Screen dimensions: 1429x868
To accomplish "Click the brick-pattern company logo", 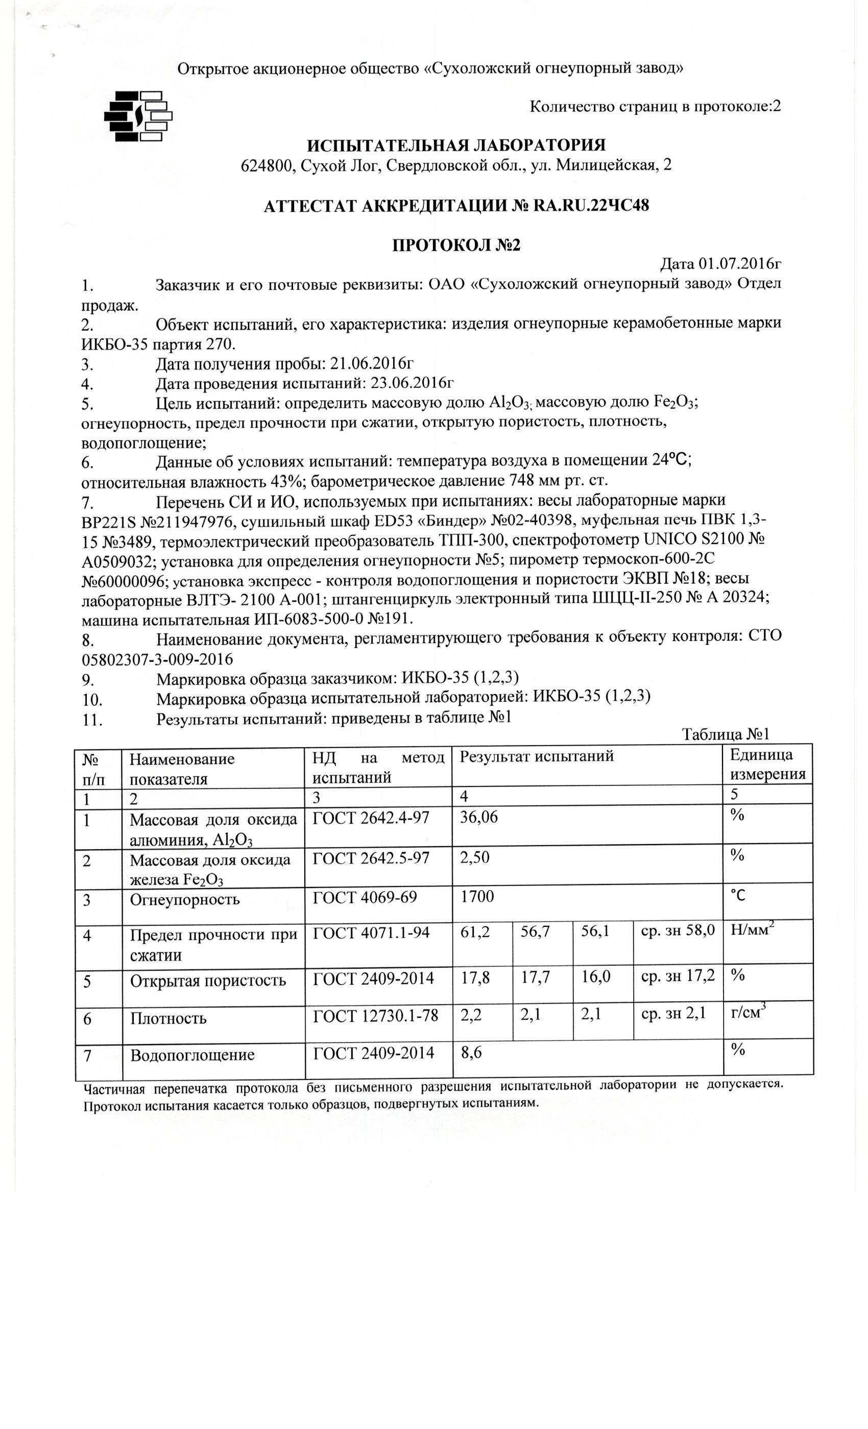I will (138, 116).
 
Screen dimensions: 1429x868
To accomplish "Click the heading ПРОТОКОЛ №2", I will (456, 246).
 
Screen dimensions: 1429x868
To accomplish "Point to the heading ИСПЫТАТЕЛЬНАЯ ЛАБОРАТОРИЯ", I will (456, 145).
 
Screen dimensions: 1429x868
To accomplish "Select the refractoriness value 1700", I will (477, 897).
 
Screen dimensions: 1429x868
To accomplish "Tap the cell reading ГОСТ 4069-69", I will (365, 897).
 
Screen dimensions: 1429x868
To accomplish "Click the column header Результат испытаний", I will (537, 756).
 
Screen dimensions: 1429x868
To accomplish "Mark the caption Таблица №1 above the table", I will (725, 734).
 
